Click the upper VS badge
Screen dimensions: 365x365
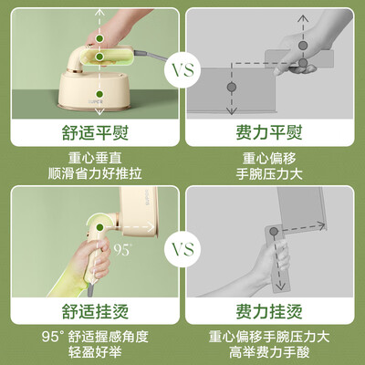(x=182, y=69)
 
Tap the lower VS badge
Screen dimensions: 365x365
(x=182, y=247)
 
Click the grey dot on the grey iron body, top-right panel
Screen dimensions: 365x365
(x=232, y=85)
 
